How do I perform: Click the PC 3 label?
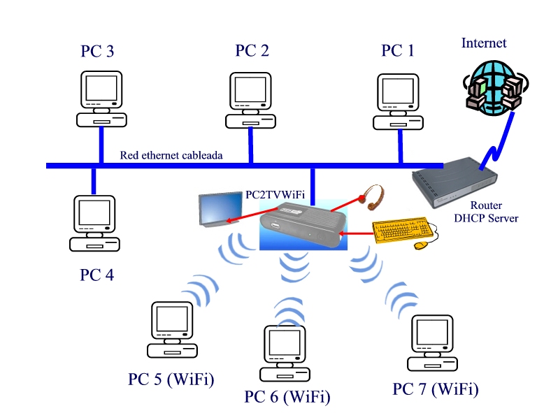pyautogui.click(x=98, y=50)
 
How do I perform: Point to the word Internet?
pyautogui.click(x=484, y=43)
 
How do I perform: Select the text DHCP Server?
pyautogui.click(x=486, y=218)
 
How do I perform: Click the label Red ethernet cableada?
pyautogui.click(x=171, y=155)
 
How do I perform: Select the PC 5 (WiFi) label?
pyautogui.click(x=171, y=379)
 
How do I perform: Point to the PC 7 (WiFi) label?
pyautogui.click(x=436, y=389)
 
